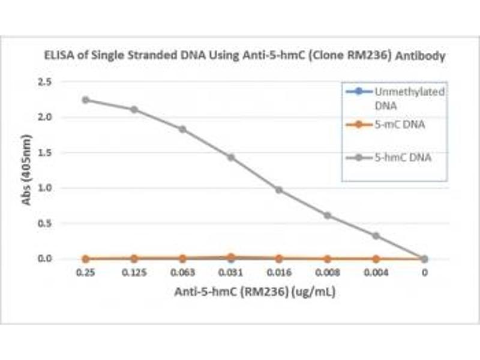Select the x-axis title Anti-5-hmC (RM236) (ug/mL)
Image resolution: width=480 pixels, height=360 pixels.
click(x=255, y=293)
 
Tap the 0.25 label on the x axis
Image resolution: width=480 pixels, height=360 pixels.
click(x=86, y=272)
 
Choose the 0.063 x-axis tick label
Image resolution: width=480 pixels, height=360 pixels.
click(x=182, y=272)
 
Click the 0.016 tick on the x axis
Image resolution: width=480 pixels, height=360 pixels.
click(x=279, y=272)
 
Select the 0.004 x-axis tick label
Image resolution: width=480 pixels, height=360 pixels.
click(x=376, y=272)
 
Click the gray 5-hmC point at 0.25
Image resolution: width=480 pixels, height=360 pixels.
click(x=86, y=100)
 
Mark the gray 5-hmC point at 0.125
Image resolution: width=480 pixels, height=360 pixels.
click(x=134, y=109)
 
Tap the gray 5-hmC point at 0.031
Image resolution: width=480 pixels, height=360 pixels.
click(x=230, y=157)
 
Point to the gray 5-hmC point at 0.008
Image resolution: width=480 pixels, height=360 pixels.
click(x=328, y=215)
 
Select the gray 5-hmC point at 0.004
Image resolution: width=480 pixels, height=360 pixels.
click(x=376, y=236)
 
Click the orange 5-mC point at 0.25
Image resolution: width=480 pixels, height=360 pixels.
click(x=86, y=259)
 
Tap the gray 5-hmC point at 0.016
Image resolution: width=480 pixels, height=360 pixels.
click(x=279, y=190)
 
